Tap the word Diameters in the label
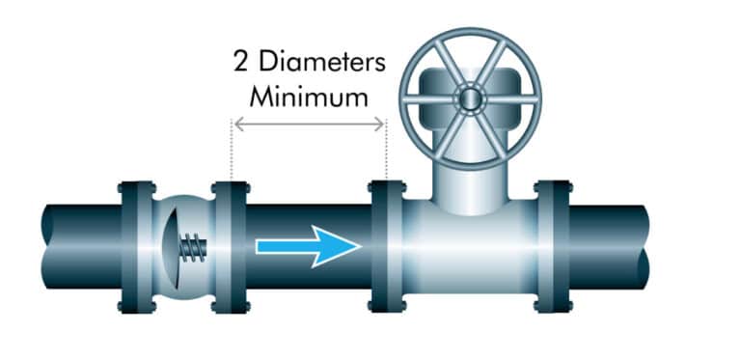(321, 66)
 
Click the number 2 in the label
(242, 66)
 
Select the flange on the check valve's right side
(230, 247)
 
